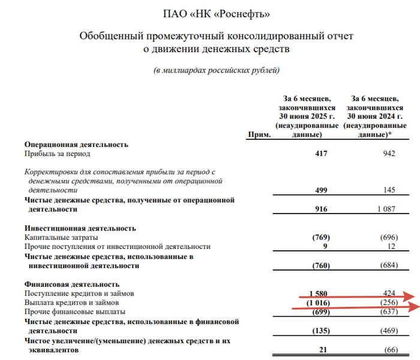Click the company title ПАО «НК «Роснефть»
click(x=217, y=13)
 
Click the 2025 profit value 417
click(x=320, y=154)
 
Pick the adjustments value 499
click(x=320, y=190)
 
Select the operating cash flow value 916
click(x=320, y=210)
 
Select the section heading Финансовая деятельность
click(x=72, y=284)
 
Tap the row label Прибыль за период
click(x=55, y=154)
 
